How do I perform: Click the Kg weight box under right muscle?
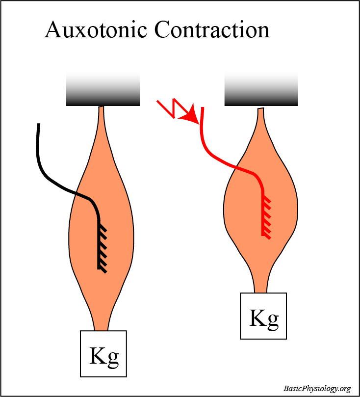[x=263, y=316]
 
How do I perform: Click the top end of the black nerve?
[x=38, y=126]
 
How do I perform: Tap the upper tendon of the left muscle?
[x=102, y=118]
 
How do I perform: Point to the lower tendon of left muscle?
[x=102, y=321]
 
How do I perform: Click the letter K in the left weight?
[x=97, y=355]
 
